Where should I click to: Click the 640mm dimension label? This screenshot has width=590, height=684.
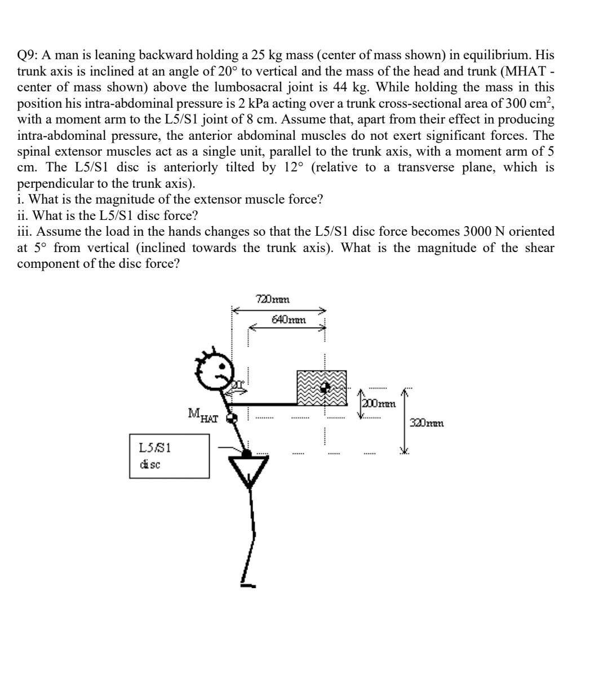[289, 319]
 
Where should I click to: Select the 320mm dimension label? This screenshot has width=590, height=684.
[427, 423]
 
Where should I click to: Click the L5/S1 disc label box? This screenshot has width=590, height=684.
[169, 456]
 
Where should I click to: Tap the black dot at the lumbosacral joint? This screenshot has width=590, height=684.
[246, 453]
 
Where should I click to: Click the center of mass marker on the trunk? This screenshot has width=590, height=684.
[230, 418]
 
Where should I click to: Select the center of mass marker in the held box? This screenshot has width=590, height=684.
[325, 387]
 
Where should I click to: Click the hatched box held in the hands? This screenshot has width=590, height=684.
[322, 388]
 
